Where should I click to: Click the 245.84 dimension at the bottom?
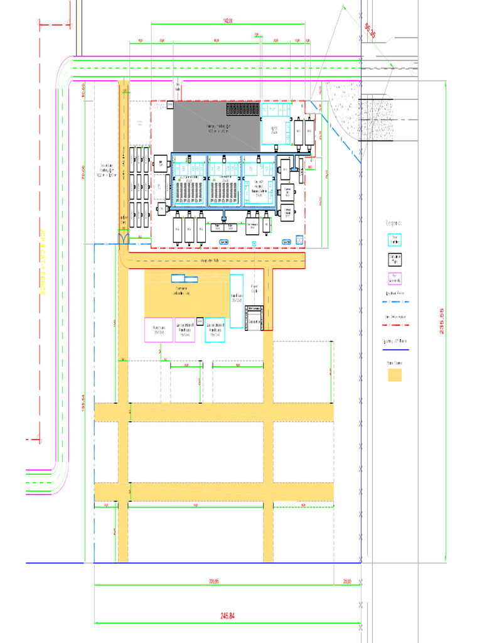pyautogui.click(x=227, y=616)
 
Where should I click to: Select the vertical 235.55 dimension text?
pyautogui.click(x=442, y=320)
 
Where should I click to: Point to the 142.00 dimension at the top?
pyautogui.click(x=228, y=21)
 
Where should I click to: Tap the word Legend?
pyautogui.click(x=394, y=223)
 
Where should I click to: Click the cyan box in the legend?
pyautogui.click(x=394, y=240)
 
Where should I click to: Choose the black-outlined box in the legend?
pyautogui.click(x=394, y=258)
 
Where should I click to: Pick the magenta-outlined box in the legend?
pyautogui.click(x=394, y=278)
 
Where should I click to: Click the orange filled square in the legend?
pyautogui.click(x=394, y=376)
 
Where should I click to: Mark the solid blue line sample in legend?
pyautogui.click(x=395, y=349)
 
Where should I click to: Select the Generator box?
pyautogui.click(x=255, y=320)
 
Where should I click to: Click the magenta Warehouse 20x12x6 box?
pyautogui.click(x=159, y=330)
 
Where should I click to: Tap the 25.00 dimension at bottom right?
pyautogui.click(x=347, y=581)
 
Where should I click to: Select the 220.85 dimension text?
pyautogui.click(x=213, y=581)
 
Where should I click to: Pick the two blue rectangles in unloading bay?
pyautogui.click(x=185, y=278)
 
